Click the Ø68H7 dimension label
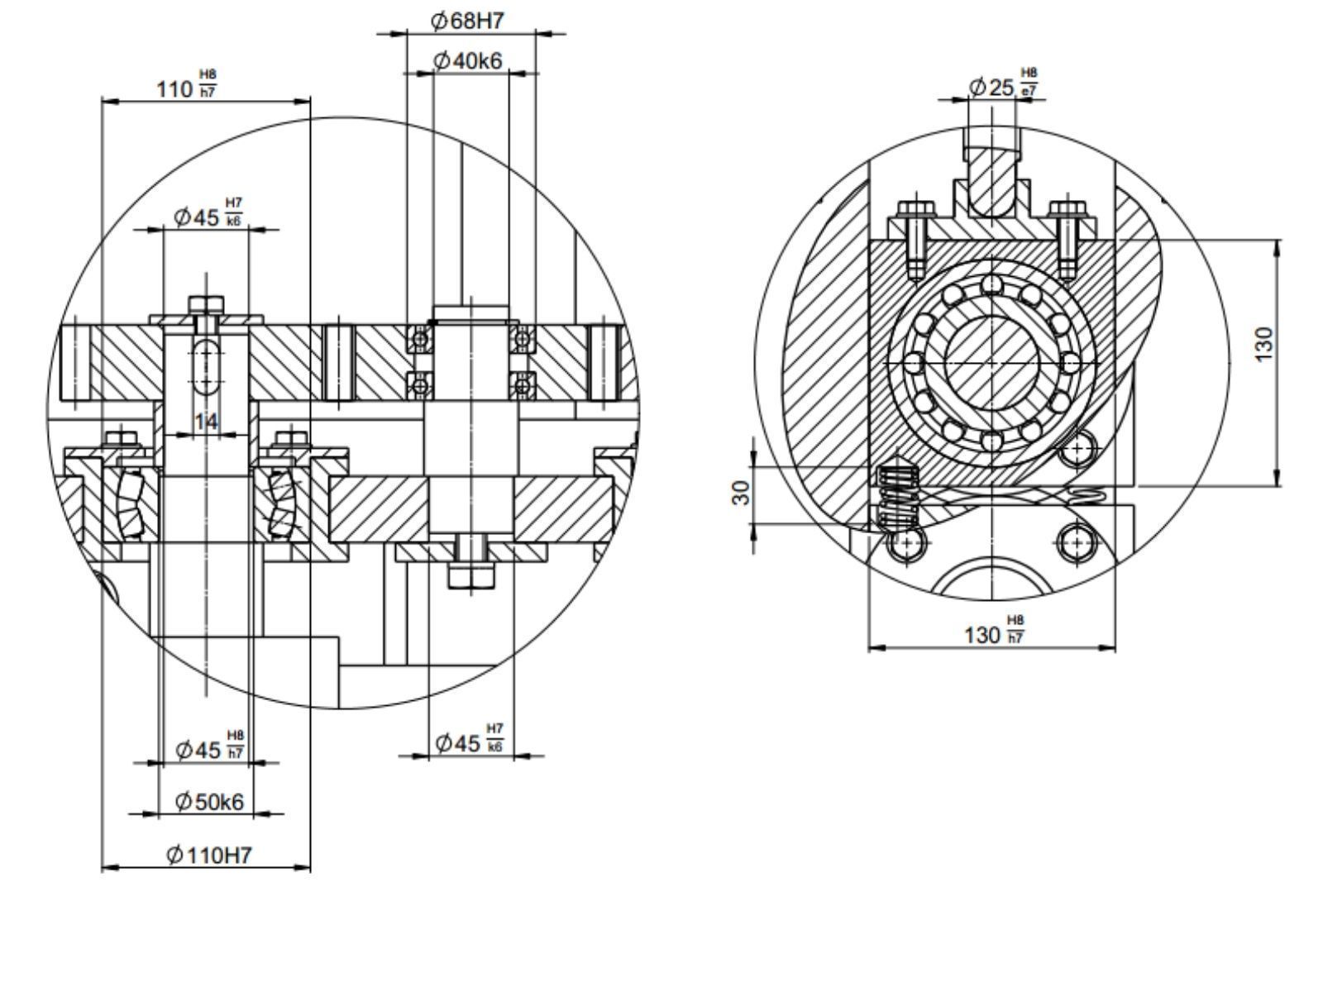tap(467, 21)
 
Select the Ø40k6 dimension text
tap(468, 60)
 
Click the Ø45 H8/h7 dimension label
tap(210, 749)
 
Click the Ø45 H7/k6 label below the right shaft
tap(470, 742)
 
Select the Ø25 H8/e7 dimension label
tap(1003, 86)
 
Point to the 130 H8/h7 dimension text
tap(995, 634)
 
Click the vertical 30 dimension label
tap(743, 493)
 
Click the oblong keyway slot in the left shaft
tap(206, 364)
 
